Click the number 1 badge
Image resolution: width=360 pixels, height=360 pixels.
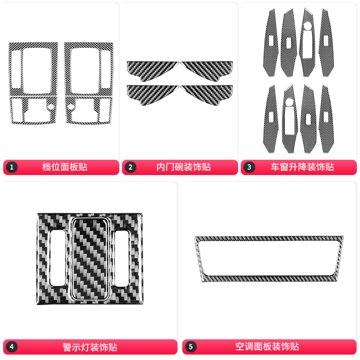[12, 167]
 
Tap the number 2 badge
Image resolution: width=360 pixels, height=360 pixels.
[130, 167]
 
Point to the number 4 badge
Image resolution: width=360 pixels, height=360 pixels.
[12, 347]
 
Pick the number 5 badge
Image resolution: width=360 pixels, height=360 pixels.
[191, 347]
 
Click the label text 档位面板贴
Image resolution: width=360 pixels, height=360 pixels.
[65, 167]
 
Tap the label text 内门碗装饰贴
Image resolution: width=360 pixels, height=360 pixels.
[183, 167]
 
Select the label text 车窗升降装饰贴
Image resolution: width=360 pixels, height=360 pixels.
[302, 167]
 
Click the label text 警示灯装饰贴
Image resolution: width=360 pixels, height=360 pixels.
[90, 347]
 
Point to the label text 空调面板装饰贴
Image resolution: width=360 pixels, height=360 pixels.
[267, 347]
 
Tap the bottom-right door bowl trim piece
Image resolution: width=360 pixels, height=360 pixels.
[209, 93]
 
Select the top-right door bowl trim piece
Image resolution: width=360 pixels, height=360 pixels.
[209, 69]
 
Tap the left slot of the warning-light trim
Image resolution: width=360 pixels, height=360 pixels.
[58, 257]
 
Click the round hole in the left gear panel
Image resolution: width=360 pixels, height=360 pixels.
[51, 107]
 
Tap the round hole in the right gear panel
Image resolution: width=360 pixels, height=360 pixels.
[71, 107]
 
